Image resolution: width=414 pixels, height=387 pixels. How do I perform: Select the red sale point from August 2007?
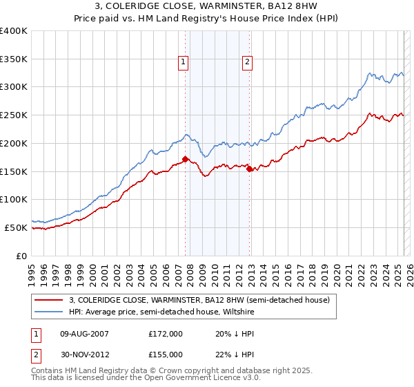pos(185,159)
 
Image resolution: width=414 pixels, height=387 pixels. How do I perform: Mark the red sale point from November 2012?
pos(249,169)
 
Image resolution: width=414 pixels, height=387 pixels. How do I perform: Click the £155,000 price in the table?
pos(166,354)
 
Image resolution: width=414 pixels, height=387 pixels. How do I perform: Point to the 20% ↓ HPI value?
pos(234,333)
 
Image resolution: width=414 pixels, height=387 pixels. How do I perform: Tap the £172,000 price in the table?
pos(166,333)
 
